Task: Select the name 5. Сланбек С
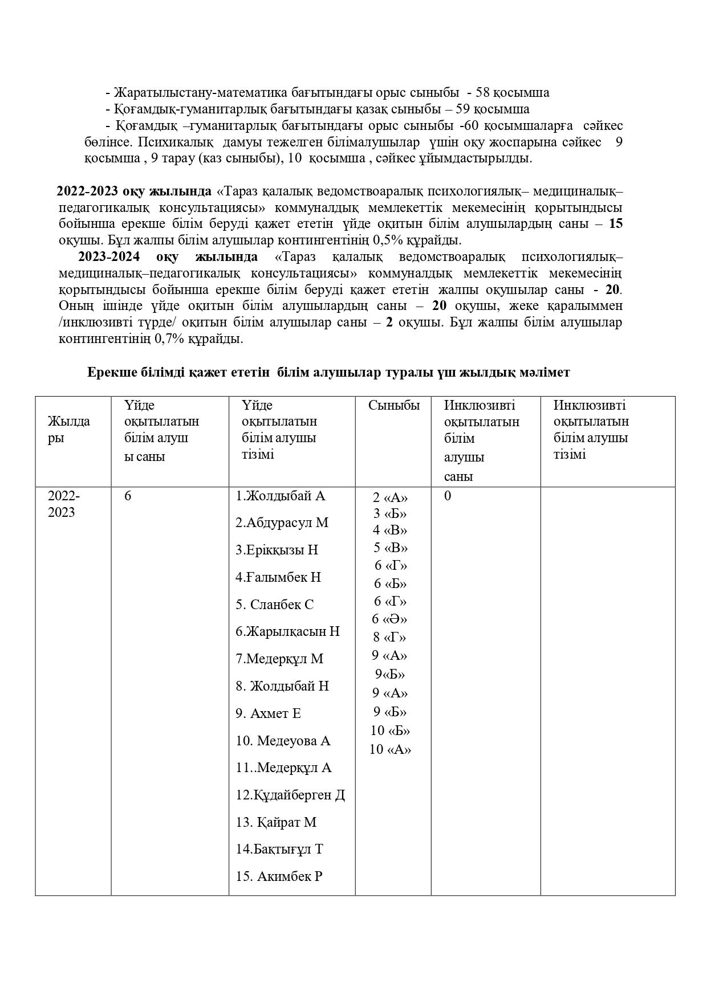point(274,605)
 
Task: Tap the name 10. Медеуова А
point(283,741)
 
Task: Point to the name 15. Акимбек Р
point(279,876)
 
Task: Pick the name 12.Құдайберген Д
point(290,795)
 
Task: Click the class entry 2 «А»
point(391,497)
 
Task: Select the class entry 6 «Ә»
point(389,619)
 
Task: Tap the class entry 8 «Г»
point(390,637)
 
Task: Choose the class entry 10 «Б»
point(390,730)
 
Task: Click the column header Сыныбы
point(393,406)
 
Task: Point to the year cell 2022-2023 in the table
point(63,504)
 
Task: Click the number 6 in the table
point(128,496)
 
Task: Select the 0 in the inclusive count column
point(448,496)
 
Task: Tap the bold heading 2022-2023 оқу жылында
point(133,190)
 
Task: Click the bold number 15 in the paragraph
point(616,223)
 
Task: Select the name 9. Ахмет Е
point(268,713)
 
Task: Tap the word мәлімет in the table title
point(545,373)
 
